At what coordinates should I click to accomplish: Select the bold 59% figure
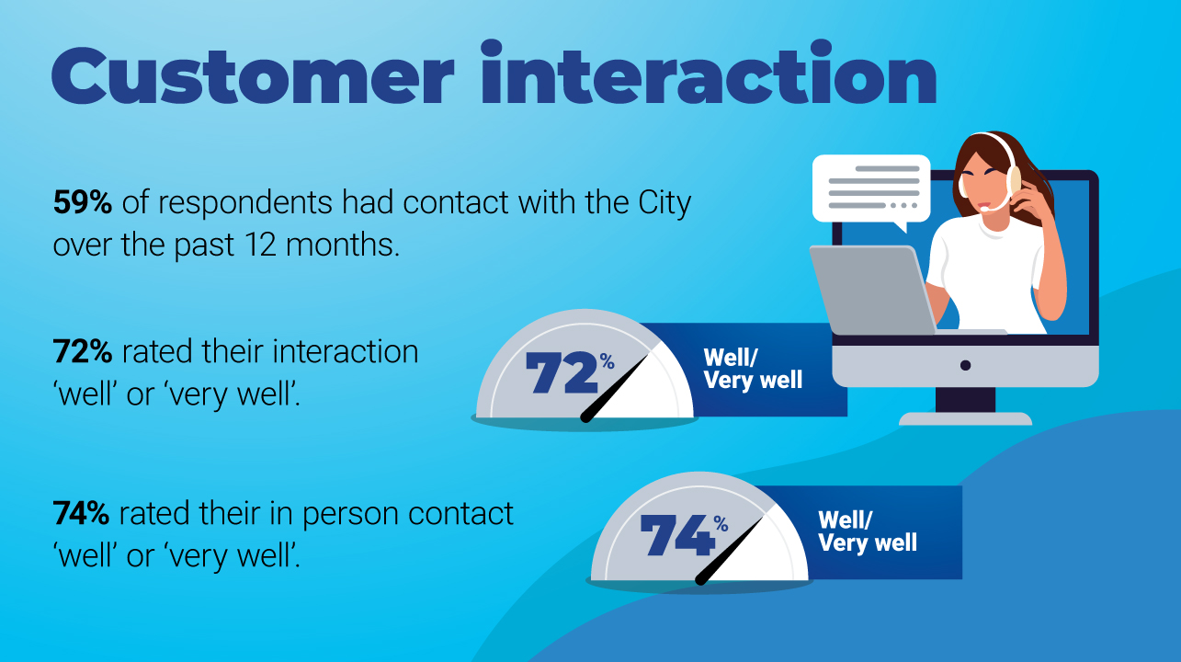[x=83, y=202]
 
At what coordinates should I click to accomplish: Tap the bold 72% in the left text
[x=83, y=351]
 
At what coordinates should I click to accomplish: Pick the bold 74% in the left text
[x=81, y=513]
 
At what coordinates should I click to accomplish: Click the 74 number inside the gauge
[x=677, y=535]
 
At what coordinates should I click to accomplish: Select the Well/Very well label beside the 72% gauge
[x=753, y=370]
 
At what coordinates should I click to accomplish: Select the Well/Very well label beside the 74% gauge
[x=868, y=531]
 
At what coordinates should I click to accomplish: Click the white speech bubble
[x=871, y=188]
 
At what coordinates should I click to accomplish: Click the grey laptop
[x=878, y=291]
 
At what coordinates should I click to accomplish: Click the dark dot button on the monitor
[x=965, y=365]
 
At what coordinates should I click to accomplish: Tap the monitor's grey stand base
[x=965, y=419]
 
